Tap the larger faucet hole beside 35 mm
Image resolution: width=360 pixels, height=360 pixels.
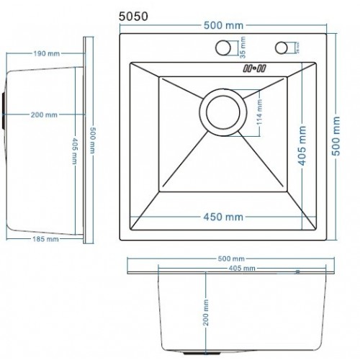point(223,48)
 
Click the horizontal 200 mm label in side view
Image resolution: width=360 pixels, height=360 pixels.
point(45,114)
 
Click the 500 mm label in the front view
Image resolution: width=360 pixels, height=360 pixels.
point(234,257)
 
